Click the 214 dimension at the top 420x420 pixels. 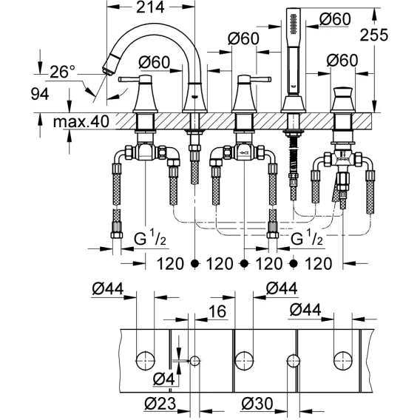[150, 7]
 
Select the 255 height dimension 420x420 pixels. [373, 35]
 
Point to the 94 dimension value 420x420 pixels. [40, 95]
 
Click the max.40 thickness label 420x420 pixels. [81, 121]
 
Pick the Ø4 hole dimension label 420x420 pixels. [164, 379]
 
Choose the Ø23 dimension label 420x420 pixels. [160, 404]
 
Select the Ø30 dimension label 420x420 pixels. [257, 404]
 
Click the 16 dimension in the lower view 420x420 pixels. [217, 311]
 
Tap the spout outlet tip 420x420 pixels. [106, 71]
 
